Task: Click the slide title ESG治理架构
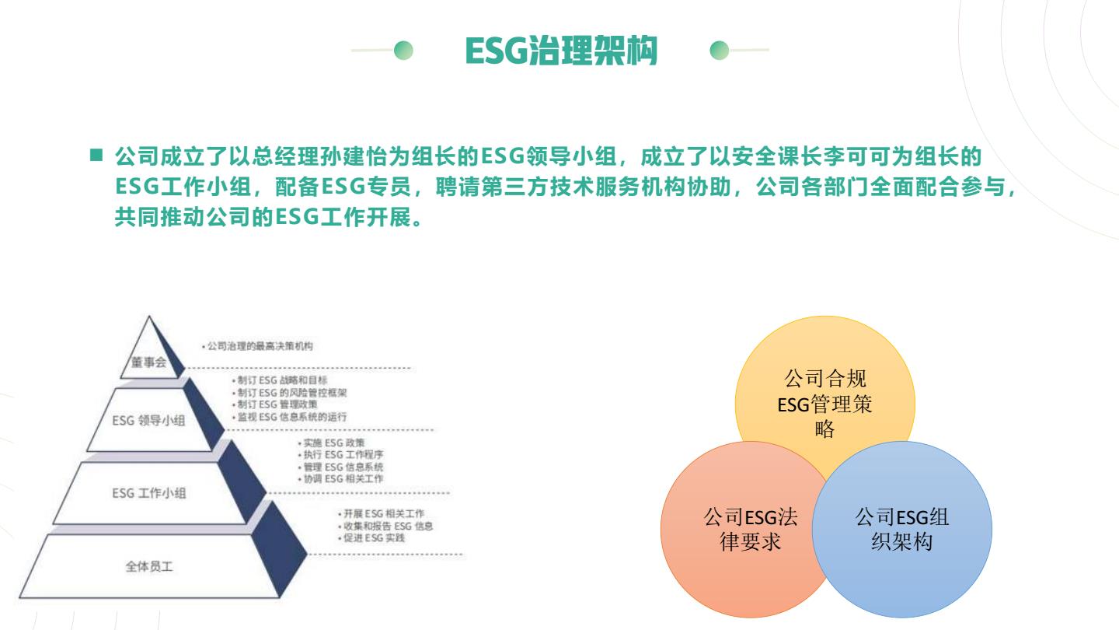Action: [x=561, y=51]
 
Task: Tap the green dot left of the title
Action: [x=403, y=50]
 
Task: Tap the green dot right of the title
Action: [x=720, y=50]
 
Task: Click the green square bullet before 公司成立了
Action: [x=96, y=155]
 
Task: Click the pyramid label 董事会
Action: [x=149, y=362]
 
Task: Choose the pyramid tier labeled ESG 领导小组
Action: [x=148, y=421]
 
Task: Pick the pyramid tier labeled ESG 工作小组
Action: [x=149, y=493]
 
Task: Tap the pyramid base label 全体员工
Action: [x=149, y=566]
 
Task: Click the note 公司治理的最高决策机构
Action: [x=258, y=346]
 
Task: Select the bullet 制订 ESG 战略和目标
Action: [x=280, y=380]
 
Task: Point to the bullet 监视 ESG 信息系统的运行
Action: [x=289, y=417]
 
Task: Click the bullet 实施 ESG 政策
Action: [x=331, y=443]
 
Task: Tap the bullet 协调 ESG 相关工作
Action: [x=340, y=479]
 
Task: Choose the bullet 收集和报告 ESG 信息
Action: [x=385, y=526]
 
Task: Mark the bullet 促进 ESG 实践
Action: [x=371, y=538]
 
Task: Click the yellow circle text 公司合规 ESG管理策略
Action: [x=824, y=404]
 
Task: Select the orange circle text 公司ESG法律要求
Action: [x=751, y=529]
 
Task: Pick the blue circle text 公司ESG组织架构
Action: [x=901, y=529]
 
